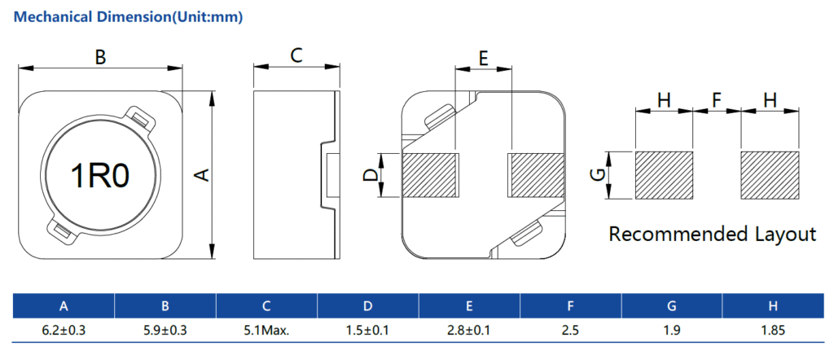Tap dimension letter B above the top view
coord(100,57)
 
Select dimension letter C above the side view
coord(296,55)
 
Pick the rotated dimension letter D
coord(371,175)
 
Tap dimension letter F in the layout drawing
coord(717,100)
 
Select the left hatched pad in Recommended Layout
coord(664,175)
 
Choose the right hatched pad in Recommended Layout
coord(770,175)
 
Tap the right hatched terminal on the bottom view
coord(536,175)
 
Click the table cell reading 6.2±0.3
coord(64,331)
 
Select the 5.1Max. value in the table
coord(266,331)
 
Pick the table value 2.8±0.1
coord(469,331)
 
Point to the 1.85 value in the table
coord(772,331)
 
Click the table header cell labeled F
coord(570,306)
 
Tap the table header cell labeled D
coord(367,306)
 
